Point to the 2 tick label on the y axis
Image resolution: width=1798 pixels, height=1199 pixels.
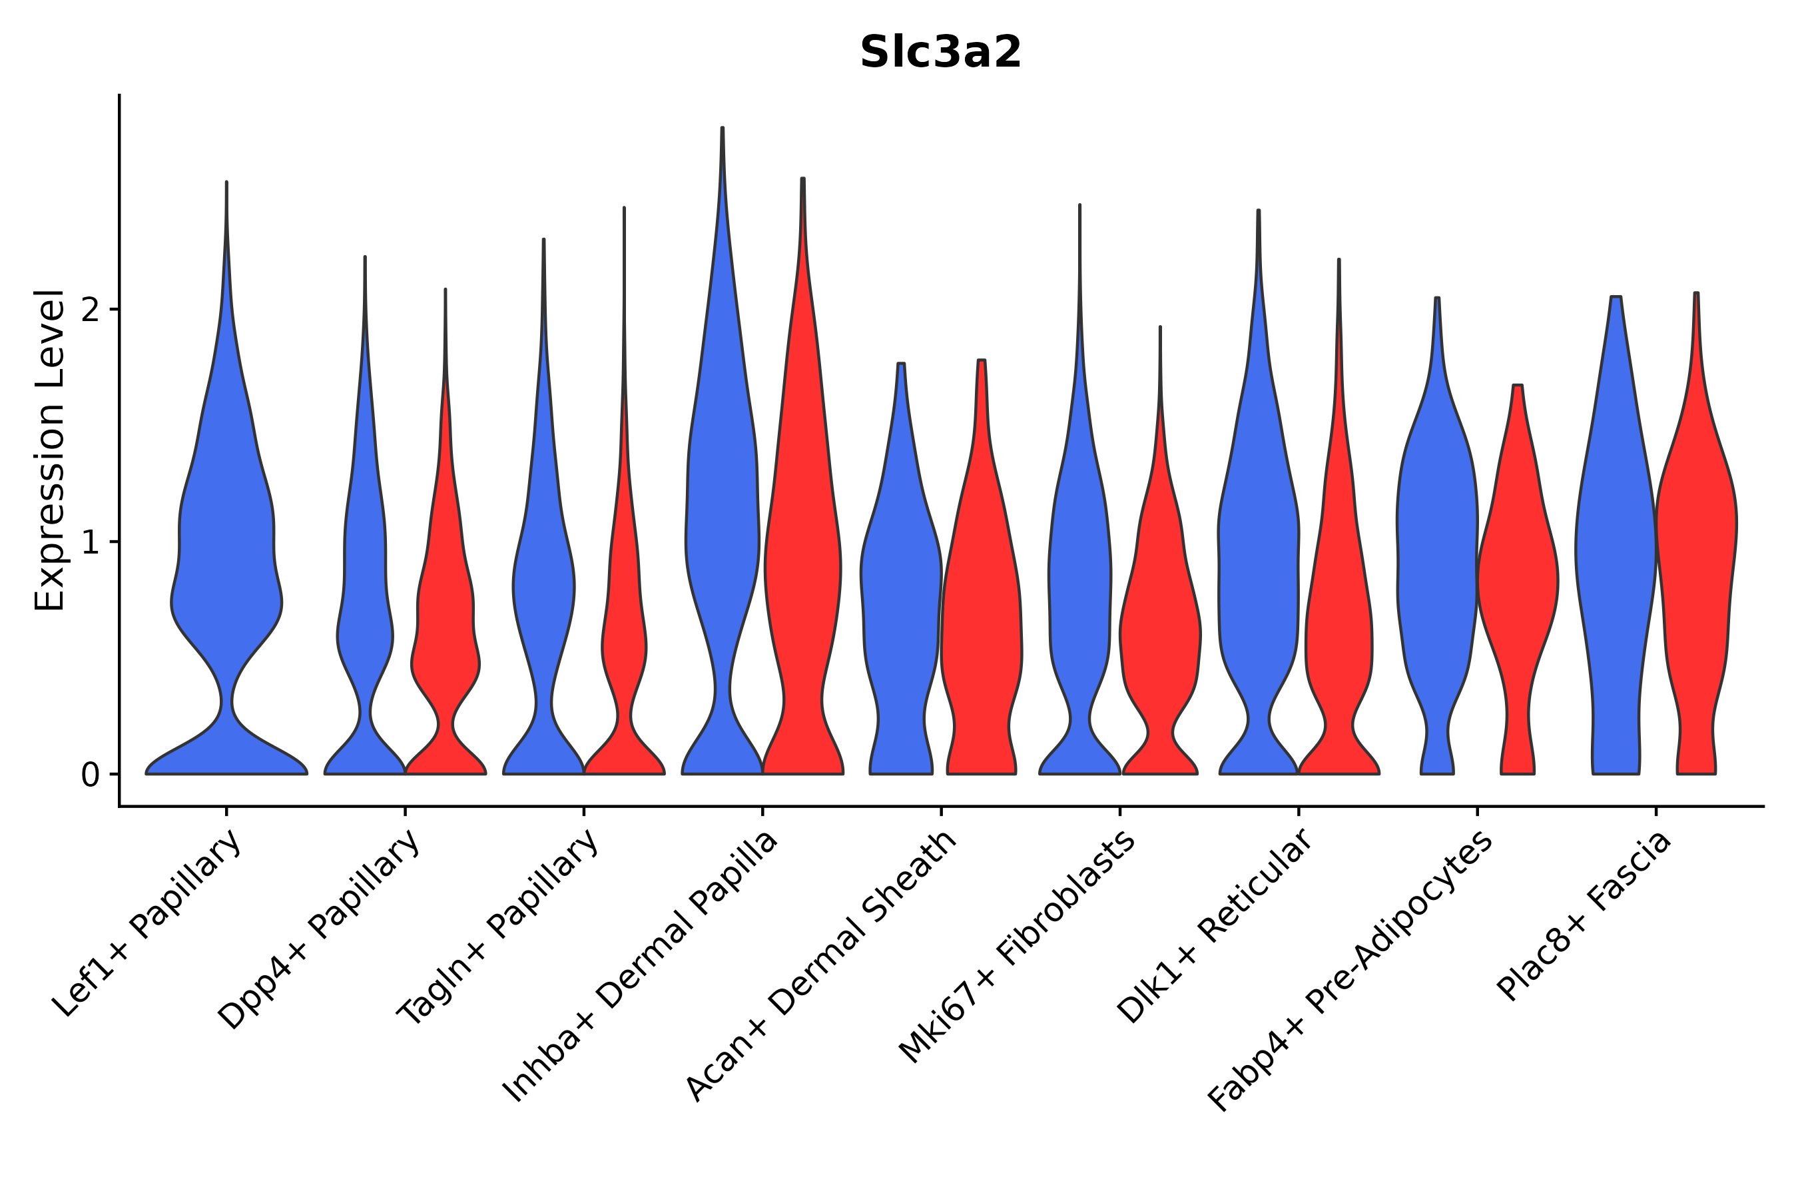(x=90, y=310)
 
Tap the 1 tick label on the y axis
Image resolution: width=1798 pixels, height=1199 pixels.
(x=90, y=542)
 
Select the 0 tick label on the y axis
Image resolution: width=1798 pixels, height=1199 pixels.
(x=90, y=775)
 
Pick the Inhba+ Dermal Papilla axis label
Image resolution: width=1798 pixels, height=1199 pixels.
(x=641, y=967)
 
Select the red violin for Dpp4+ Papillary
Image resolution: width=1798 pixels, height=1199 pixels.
(x=446, y=611)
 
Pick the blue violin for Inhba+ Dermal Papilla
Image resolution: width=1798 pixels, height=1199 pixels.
(x=722, y=536)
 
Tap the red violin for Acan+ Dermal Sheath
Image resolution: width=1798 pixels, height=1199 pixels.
(x=982, y=611)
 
